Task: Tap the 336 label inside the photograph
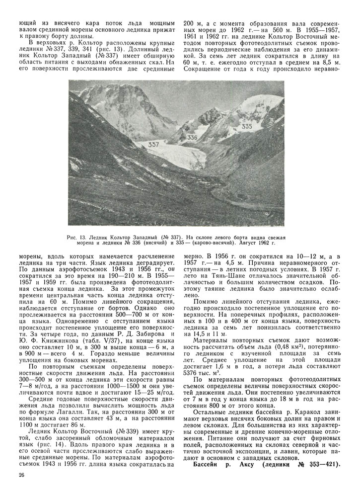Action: pyautogui.click(x=193, y=138)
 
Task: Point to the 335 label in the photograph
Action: pyautogui.click(x=246, y=127)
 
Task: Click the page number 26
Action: pyautogui.click(x=20, y=475)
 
